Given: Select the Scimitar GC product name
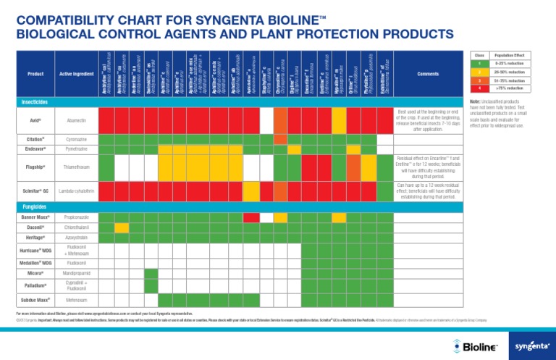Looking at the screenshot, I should pos(35,191).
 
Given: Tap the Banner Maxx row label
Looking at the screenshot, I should pos(35,217).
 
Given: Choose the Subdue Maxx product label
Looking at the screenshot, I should pos(35,298).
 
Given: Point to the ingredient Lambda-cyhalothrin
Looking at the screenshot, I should pos(77,191).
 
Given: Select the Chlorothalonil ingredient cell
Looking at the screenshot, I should pos(77,227).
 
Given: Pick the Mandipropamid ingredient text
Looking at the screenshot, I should pos(77,273).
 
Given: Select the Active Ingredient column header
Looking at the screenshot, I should pos(77,73).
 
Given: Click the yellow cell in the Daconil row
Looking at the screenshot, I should pos(122,227).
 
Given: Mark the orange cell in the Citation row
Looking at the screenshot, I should pos(281,138).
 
